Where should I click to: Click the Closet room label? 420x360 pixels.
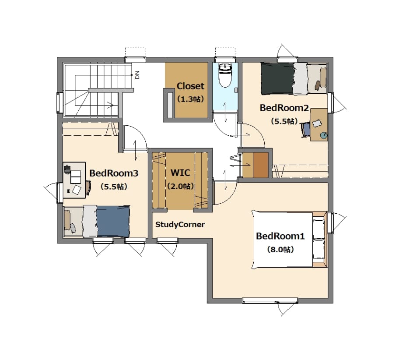pos(190,86)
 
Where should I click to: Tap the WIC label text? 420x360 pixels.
pos(181,173)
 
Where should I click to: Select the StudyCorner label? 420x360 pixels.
pos(180,224)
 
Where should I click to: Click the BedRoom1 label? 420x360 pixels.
pos(280,236)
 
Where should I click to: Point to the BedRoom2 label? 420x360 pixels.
pos(284,108)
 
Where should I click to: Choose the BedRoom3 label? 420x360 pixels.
pos(114,173)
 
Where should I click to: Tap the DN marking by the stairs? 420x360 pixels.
pos(137,75)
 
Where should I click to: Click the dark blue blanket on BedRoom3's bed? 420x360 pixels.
pos(113,222)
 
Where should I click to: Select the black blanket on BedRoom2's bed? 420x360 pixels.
pos(277,78)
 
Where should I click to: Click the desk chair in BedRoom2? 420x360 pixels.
pos(306,129)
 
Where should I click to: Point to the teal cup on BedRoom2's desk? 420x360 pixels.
pos(324,135)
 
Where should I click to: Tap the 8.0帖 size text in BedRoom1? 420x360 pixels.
pos(280,250)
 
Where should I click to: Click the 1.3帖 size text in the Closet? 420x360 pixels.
pos(190,99)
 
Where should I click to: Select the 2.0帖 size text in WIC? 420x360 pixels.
pos(181,186)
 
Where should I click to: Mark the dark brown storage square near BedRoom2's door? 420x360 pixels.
pos(261,165)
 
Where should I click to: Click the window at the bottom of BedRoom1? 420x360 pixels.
pos(270,300)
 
